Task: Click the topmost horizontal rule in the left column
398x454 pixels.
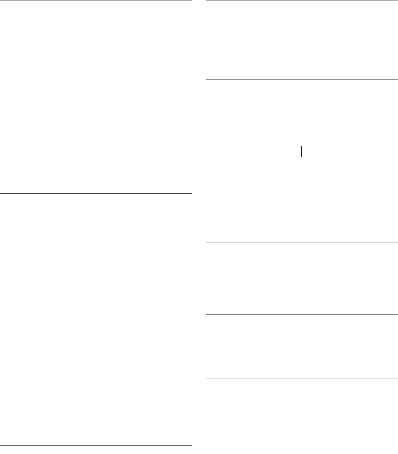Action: point(96,0)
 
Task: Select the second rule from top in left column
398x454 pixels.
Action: point(96,194)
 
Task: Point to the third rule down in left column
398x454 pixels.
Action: point(96,313)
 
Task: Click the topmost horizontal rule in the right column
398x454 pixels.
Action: point(301,0)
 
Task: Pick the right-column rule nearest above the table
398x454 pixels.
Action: point(301,79)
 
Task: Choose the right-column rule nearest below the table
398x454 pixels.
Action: point(301,243)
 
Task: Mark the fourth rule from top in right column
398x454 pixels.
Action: point(301,314)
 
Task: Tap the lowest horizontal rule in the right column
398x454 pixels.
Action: point(301,378)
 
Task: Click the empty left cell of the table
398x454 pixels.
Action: point(254,151)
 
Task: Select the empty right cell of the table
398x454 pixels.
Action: point(349,151)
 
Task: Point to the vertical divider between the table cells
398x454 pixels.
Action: point(301,151)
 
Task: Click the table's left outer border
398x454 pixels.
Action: point(206,151)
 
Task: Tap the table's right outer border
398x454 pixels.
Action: point(397,151)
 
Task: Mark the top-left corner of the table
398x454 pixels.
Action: point(206,146)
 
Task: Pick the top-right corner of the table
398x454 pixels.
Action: point(397,146)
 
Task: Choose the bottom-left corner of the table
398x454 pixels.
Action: point(206,157)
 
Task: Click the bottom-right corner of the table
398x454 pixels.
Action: point(397,157)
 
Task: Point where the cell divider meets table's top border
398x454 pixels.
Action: point(301,146)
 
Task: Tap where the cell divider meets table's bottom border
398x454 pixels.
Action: point(301,157)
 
